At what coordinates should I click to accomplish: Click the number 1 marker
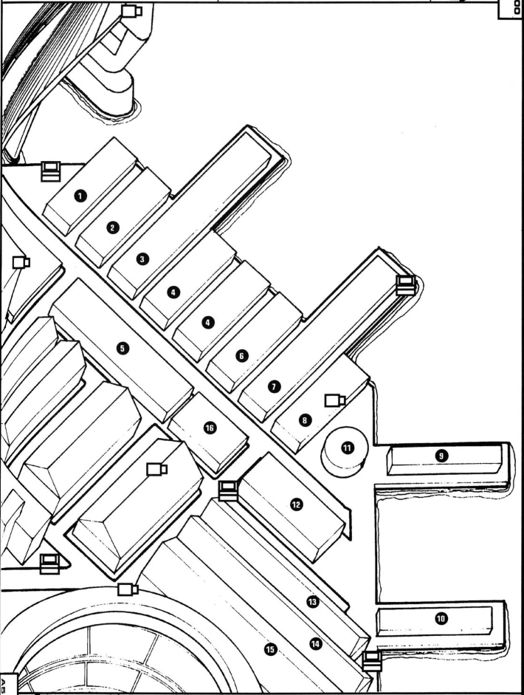coord(80,196)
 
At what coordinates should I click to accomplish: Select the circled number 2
coord(112,227)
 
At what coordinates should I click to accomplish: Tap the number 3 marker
coord(142,259)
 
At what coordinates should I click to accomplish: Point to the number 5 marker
coord(123,348)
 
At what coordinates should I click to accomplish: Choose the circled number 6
coord(242,355)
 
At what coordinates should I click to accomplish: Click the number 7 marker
coord(275,386)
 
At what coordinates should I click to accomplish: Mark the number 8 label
coord(305,420)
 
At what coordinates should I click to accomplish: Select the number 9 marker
coord(441,455)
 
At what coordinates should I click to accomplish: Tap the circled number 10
coord(441,618)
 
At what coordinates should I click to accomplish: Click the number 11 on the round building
coord(348,448)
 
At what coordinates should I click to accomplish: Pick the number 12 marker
coord(297,504)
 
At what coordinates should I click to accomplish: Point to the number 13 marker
coord(313,601)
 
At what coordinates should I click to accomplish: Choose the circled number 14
coord(315,643)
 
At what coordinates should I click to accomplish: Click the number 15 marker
coord(270,650)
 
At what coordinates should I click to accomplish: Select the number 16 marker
coord(210,428)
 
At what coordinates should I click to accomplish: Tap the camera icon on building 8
coord(335,401)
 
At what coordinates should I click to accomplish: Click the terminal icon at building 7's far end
coord(405,285)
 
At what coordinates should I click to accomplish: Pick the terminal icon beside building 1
coord(50,171)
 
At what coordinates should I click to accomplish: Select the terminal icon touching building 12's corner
coord(229,490)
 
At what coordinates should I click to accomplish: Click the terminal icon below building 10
coord(372,661)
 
